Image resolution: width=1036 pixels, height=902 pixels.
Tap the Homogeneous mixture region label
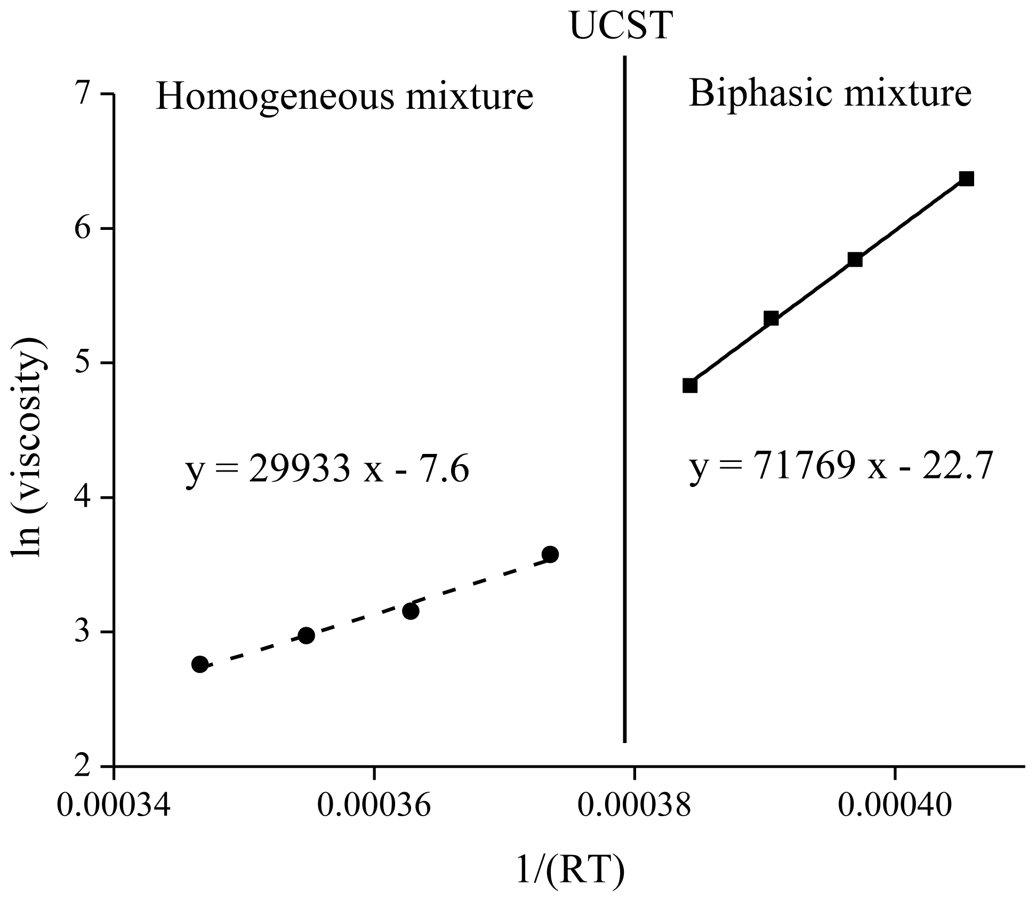click(x=344, y=97)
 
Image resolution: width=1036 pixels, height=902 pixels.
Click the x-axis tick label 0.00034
click(x=114, y=805)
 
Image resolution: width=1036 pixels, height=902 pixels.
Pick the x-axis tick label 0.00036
click(x=374, y=805)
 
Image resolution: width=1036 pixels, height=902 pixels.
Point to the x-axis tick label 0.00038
click(x=634, y=805)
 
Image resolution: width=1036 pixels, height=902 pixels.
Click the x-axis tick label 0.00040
click(x=895, y=805)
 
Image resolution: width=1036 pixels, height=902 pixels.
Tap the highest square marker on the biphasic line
click(x=966, y=179)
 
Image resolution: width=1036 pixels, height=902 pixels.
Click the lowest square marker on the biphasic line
click(x=689, y=385)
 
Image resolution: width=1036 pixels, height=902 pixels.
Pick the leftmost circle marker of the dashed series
click(x=199, y=664)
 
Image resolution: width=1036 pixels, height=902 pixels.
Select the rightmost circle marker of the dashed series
click(x=550, y=554)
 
